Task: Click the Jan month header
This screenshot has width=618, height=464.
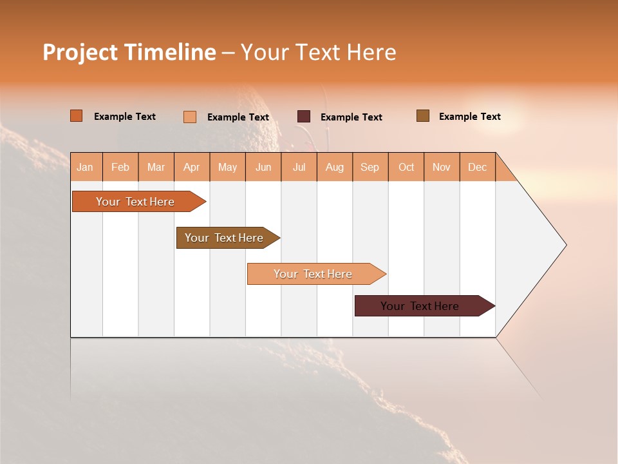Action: point(85,167)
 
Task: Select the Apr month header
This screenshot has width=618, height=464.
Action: point(191,167)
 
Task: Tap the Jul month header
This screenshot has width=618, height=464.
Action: point(299,167)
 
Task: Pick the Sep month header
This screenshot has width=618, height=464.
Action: point(370,167)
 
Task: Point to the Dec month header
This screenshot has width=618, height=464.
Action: point(477,167)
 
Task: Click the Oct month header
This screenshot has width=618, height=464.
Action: point(406,167)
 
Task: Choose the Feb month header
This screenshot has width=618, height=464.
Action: point(120,167)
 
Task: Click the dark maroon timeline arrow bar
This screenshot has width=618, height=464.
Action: point(420,306)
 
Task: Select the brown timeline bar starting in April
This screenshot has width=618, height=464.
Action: point(224,238)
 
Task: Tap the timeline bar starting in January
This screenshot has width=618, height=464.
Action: point(135,202)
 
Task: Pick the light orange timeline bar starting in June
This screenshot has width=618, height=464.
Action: point(313,274)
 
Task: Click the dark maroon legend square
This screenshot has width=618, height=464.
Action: point(304,117)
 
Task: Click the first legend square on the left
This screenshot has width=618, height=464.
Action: point(77,116)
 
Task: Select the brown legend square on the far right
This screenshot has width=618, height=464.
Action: point(423,116)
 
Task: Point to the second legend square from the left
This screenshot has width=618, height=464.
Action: point(190,117)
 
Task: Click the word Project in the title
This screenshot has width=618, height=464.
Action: point(80,52)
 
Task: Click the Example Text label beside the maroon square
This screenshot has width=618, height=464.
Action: point(351,117)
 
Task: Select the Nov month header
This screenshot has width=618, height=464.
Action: point(442,167)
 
